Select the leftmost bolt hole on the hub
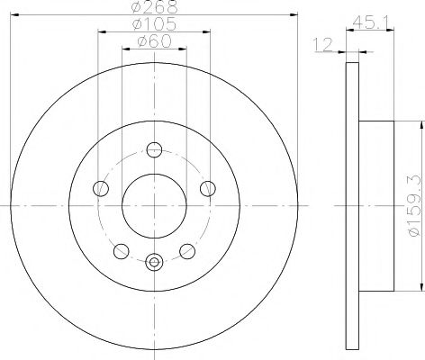coord(101,189)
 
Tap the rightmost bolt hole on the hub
coord(208,188)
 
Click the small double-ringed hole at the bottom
coord(154,263)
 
